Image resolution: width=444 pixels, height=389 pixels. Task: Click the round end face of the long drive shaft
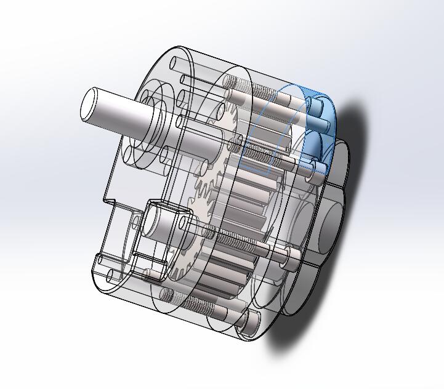[92, 104]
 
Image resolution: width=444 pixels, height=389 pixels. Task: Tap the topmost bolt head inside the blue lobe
[316, 106]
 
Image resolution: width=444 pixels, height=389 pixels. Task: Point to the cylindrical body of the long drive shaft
[123, 111]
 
